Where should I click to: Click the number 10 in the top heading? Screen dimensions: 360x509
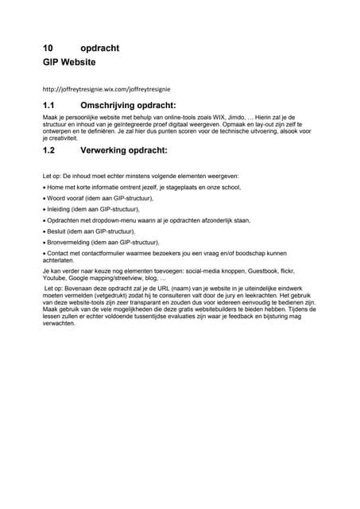tap(47, 48)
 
